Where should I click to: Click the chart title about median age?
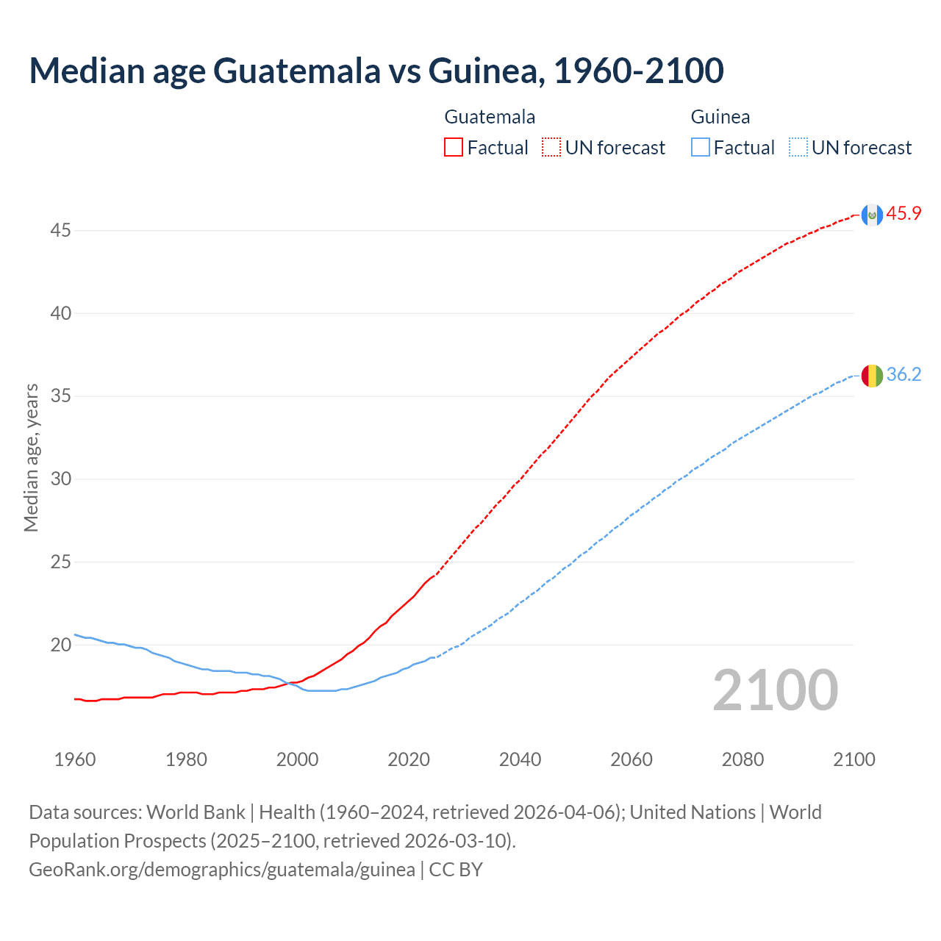[376, 71]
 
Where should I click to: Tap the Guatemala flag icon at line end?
[871, 215]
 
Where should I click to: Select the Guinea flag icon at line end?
[871, 375]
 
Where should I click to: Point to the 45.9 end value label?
[904, 214]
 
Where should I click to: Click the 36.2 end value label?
[904, 375]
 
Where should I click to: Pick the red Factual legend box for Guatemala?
[454, 148]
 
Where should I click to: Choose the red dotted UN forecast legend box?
[551, 148]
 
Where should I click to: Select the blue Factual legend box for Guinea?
[701, 148]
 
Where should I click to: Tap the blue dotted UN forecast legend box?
[798, 148]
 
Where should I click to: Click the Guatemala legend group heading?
[490, 117]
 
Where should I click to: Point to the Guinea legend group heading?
[720, 117]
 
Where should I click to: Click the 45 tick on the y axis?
[60, 231]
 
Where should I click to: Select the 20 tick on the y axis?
[60, 645]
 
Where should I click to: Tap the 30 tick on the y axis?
[60, 479]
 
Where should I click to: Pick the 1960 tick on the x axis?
[75, 759]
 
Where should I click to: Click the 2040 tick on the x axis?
[520, 759]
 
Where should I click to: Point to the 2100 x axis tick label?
[854, 759]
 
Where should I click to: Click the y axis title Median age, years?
[31, 457]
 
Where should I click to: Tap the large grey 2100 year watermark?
[775, 690]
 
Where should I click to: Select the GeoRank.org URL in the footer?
[222, 870]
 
